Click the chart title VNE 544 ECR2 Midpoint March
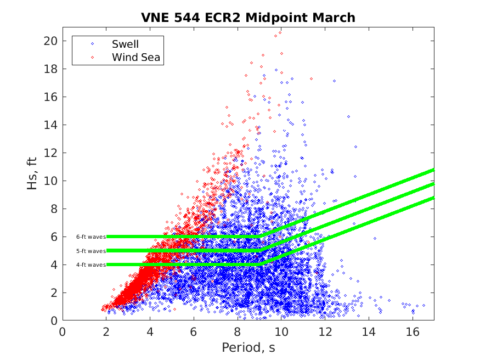pos(248,18)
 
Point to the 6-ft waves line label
pos(91,237)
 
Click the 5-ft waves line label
pos(91,251)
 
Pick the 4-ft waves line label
pos(91,265)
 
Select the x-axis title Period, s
pos(248,347)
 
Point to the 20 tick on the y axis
pos(52,41)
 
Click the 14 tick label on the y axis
pos(52,125)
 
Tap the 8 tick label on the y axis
pos(54,209)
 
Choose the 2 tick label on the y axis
pos(54,293)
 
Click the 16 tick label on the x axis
pos(412,332)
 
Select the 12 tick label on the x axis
pos(325,332)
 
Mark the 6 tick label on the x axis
pos(194,332)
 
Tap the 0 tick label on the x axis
pos(63,332)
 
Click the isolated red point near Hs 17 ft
pos(311,78)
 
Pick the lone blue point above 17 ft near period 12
pos(334,81)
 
